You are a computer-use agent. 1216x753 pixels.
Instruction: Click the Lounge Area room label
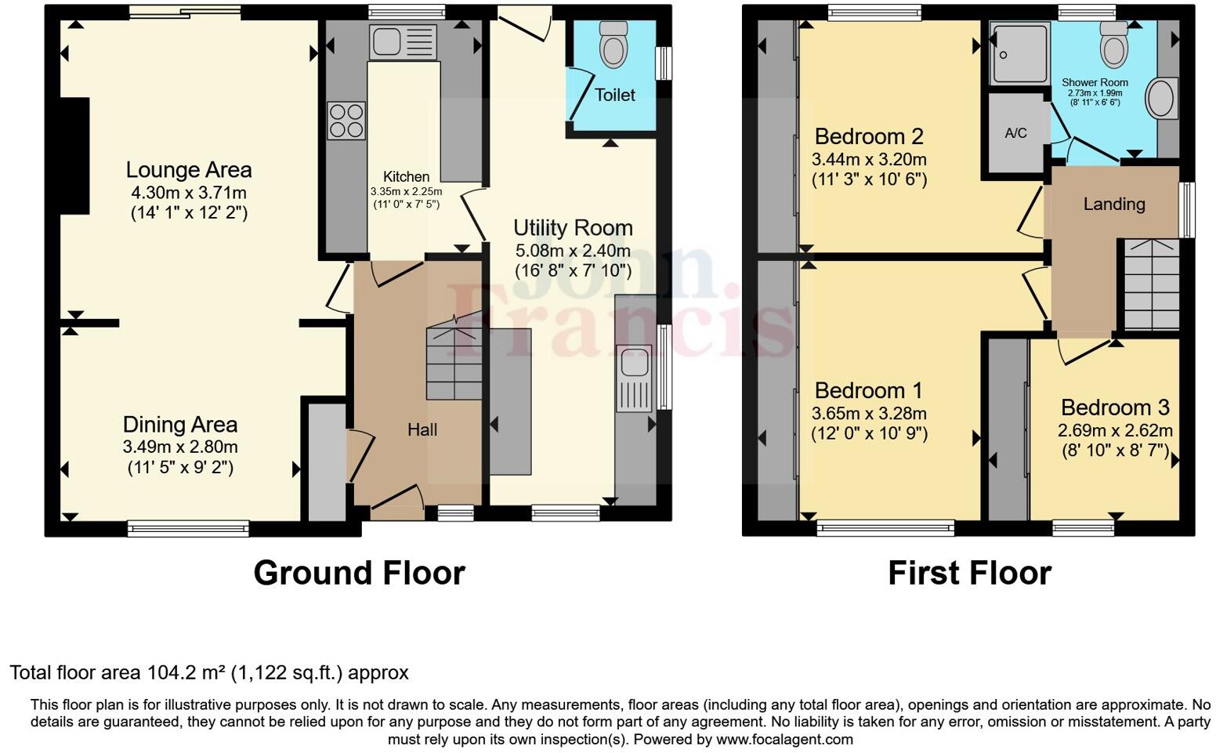tap(189, 170)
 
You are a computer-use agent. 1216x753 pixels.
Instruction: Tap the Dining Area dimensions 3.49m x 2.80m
tap(180, 447)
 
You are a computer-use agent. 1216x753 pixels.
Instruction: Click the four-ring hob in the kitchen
tap(346, 121)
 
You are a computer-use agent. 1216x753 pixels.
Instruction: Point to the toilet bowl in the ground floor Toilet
tap(613, 46)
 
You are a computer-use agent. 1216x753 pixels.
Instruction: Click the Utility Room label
tap(573, 228)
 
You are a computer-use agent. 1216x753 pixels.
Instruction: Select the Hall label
tap(422, 429)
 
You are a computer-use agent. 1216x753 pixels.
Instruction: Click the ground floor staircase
tap(454, 362)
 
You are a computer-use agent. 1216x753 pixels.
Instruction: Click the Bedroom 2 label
tap(869, 136)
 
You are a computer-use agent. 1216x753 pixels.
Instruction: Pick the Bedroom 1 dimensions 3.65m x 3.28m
tap(869, 414)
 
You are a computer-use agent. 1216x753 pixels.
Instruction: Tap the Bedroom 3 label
tap(1115, 407)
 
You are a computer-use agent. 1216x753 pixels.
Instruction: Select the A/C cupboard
tap(1015, 133)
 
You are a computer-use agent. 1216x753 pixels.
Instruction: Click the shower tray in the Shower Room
tap(1019, 53)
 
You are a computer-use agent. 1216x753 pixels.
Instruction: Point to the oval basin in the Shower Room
tap(1161, 99)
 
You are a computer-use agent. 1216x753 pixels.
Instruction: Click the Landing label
tap(1113, 205)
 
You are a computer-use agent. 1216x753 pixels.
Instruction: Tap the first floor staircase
tap(1152, 284)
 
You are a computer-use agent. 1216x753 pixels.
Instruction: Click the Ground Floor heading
tap(359, 573)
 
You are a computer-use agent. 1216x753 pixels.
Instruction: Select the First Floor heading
tap(969, 573)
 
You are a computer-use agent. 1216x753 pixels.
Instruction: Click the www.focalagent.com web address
tap(784, 739)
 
